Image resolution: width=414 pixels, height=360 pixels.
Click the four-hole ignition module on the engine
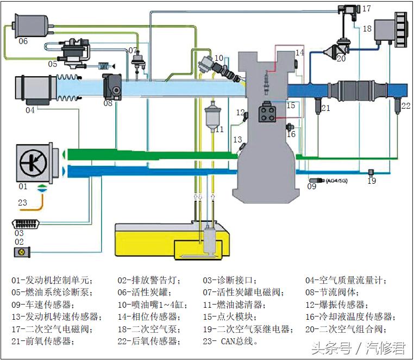click(x=268, y=111)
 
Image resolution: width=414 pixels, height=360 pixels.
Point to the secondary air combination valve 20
click(x=331, y=50)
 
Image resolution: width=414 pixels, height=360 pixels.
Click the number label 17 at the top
click(x=366, y=9)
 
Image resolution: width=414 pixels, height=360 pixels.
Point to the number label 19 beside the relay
click(x=371, y=181)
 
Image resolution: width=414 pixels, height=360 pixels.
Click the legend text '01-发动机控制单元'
click(x=52, y=281)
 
